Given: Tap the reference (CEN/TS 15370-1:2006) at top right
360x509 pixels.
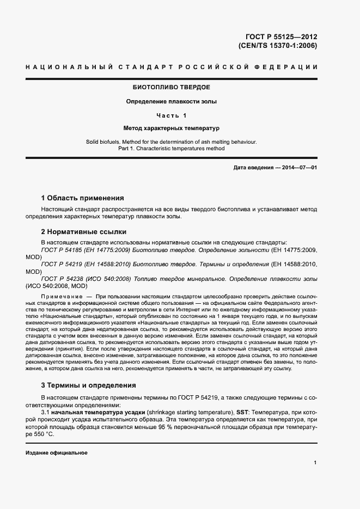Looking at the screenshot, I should pos(277,46).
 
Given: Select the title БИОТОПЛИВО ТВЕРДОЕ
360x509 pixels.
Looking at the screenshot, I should pos(172,87).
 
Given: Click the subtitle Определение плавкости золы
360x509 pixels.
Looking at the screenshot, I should pos(172,101).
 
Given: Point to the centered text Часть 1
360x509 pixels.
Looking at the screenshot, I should pos(172,115).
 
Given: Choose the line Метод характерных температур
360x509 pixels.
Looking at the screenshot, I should pos(172,129).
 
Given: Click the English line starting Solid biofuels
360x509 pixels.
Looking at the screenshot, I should pos(172,142).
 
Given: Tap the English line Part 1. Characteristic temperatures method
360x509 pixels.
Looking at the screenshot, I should pos(172,148).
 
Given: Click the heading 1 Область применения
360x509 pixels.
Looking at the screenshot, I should pos(83,198).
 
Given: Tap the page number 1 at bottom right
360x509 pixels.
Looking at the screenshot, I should pos(315,463).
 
